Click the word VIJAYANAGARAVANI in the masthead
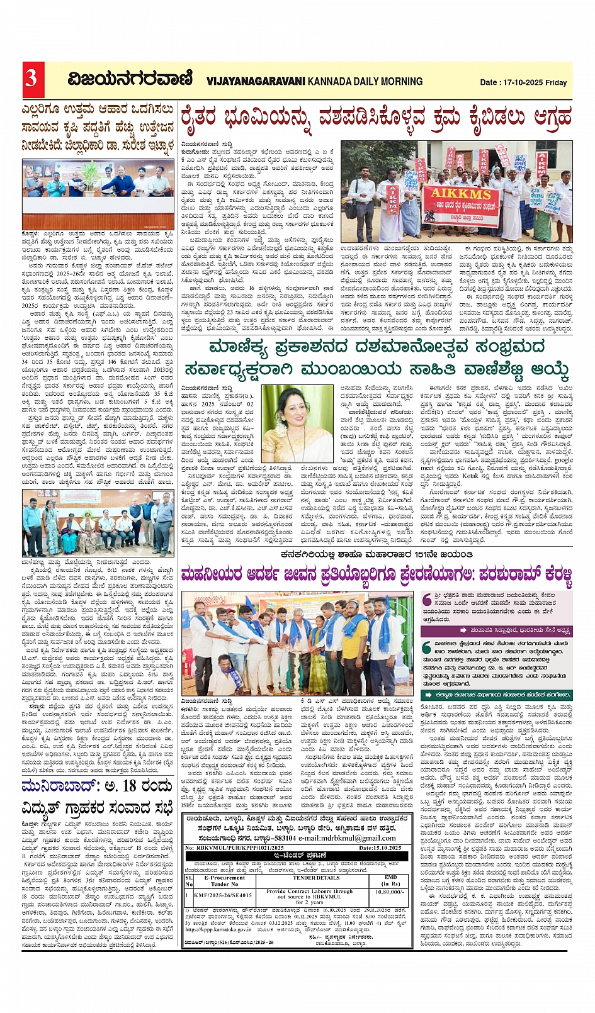[256, 81]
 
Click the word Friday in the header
[556, 82]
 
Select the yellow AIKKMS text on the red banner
[462, 194]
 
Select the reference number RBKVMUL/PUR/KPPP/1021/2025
[233, 848]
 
